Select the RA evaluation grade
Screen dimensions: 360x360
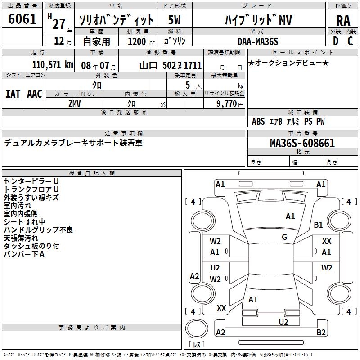click(x=343, y=20)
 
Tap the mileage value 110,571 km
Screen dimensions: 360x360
click(x=53, y=65)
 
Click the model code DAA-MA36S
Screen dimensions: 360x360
click(x=258, y=41)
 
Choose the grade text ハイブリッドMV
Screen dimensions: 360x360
click(x=258, y=20)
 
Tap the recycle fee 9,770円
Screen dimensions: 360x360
click(x=230, y=103)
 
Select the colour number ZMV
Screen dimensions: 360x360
click(x=75, y=103)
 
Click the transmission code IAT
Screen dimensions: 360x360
click(x=13, y=94)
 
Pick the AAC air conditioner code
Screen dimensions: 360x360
click(x=35, y=94)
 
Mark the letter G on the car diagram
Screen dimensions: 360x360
click(x=284, y=237)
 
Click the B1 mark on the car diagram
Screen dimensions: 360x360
click(x=319, y=225)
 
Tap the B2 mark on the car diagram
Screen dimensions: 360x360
click(x=321, y=333)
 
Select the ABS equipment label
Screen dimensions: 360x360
click(x=258, y=121)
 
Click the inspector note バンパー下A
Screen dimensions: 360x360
click(x=24, y=254)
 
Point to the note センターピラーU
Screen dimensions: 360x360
click(x=31, y=181)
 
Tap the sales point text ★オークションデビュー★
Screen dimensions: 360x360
click(x=288, y=63)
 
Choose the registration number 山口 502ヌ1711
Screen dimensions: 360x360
click(x=171, y=65)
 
